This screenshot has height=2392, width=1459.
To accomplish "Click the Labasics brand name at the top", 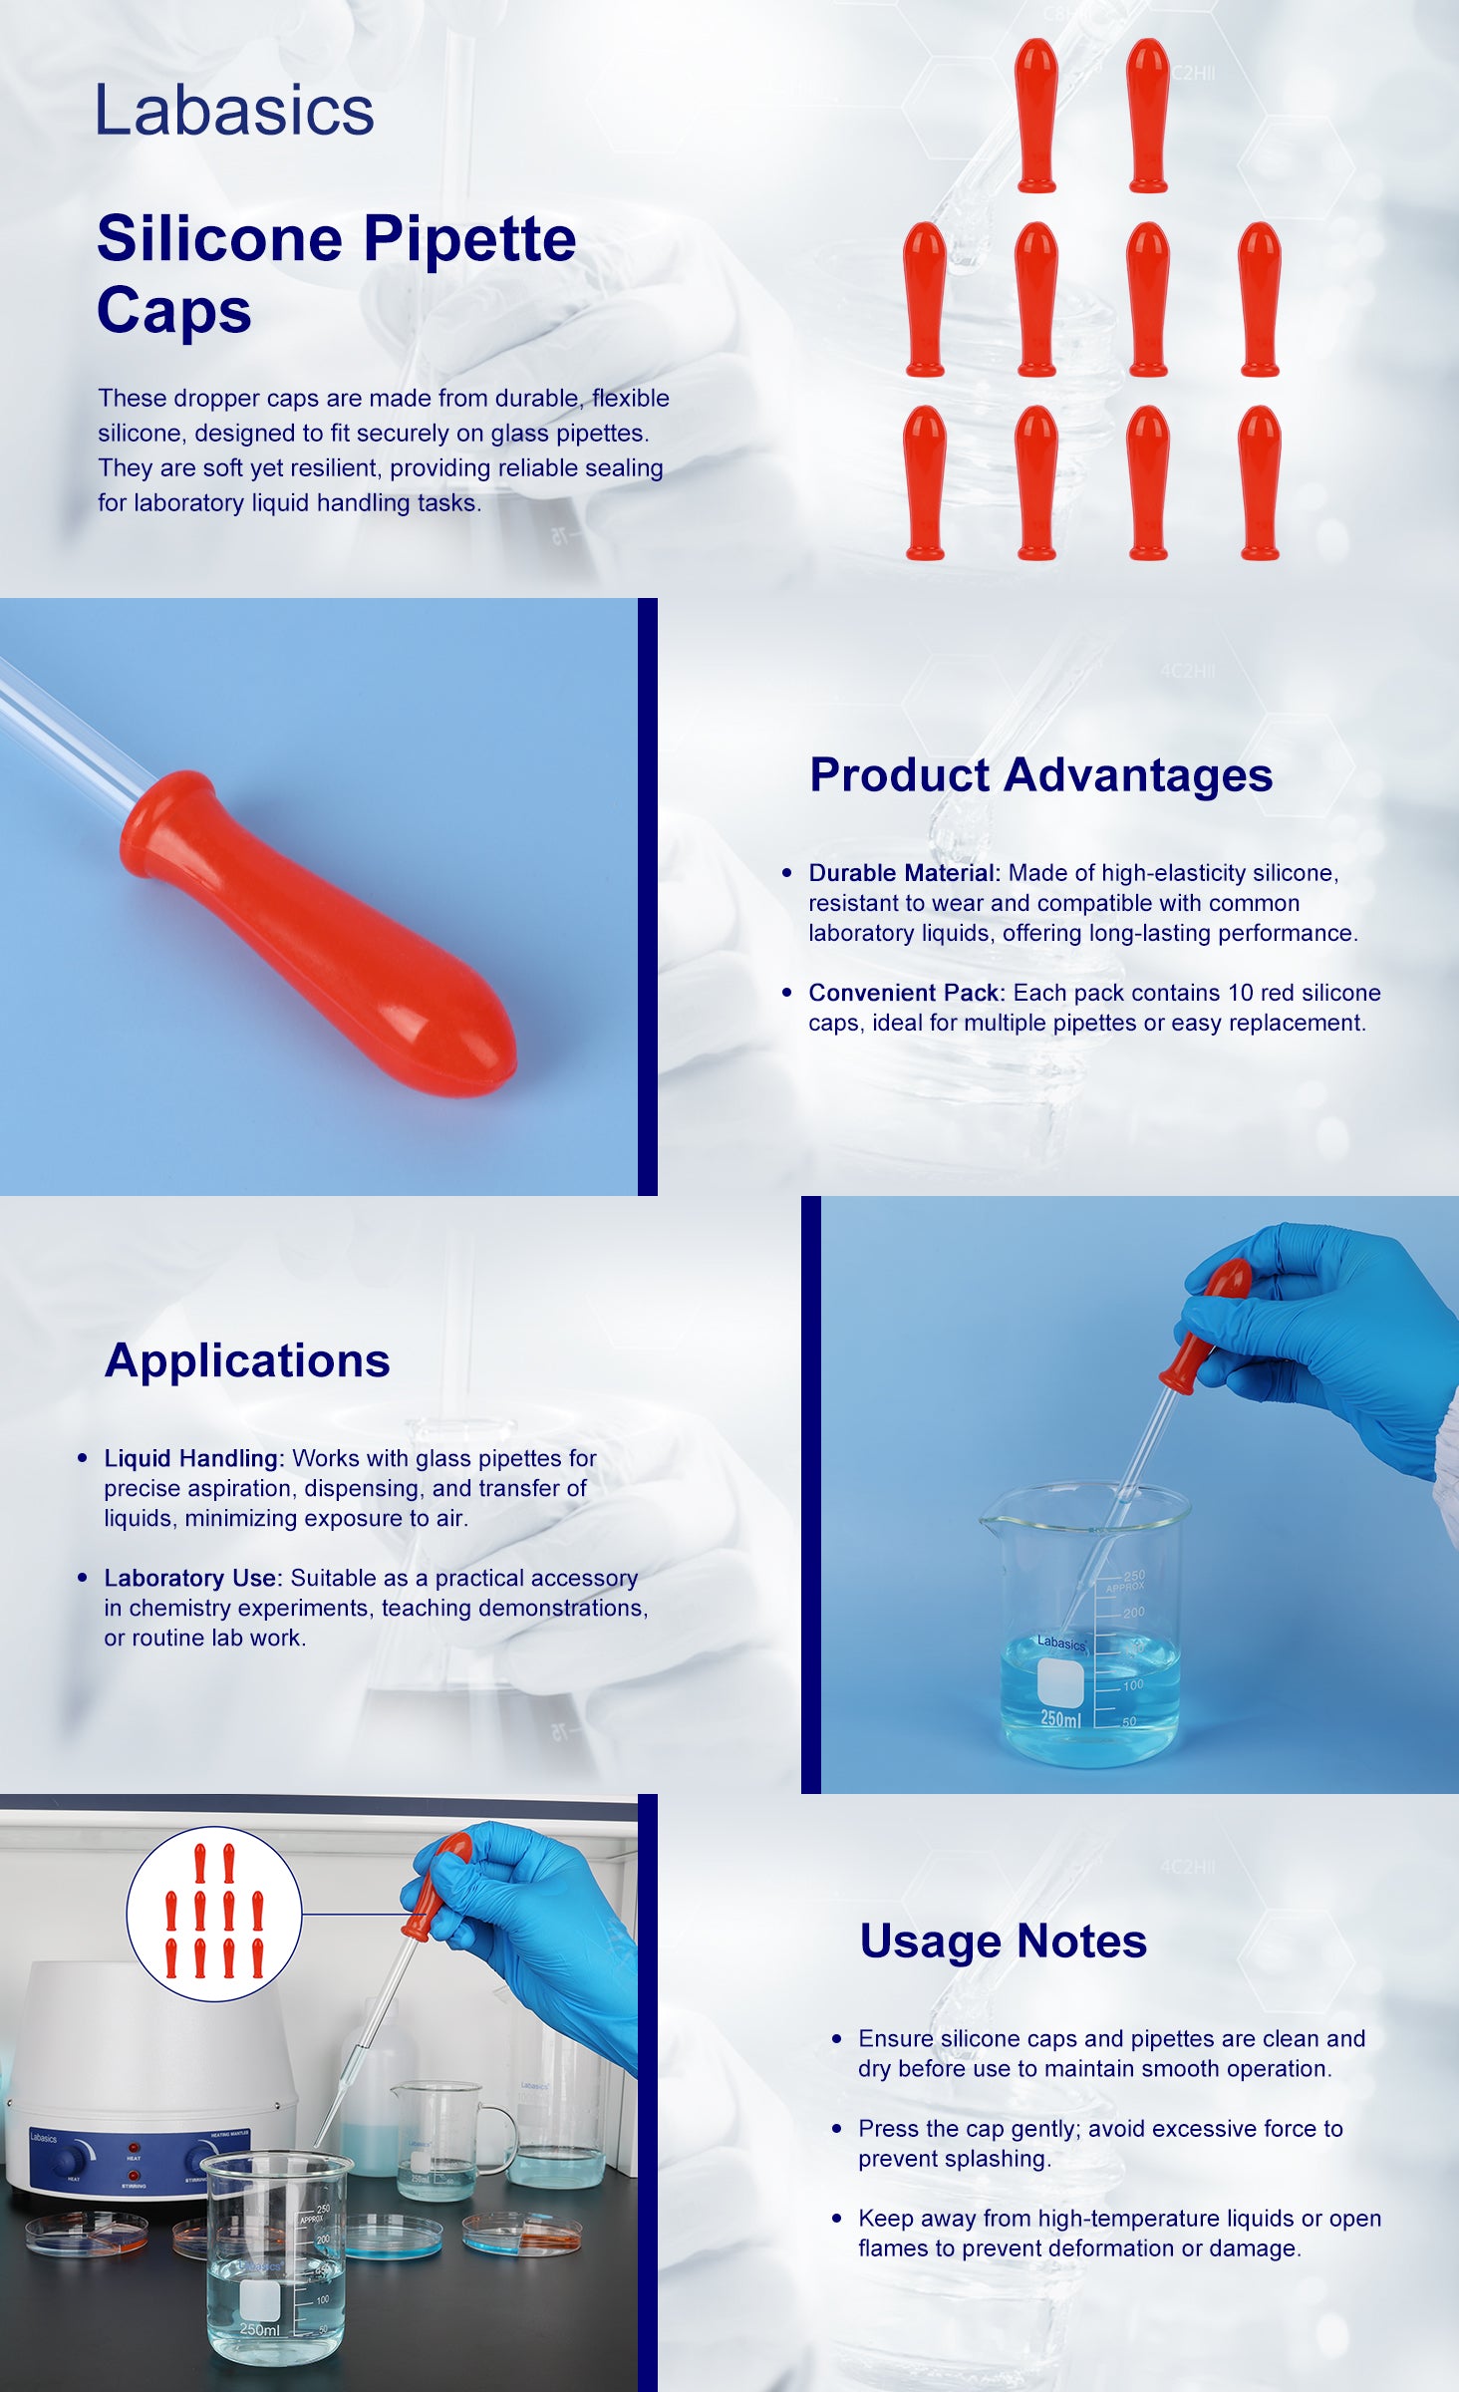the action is [x=234, y=110].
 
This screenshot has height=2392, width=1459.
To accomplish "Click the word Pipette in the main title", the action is [x=469, y=240].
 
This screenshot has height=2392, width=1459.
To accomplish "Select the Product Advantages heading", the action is [x=1040, y=775].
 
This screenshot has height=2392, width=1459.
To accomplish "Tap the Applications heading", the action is [x=247, y=1360].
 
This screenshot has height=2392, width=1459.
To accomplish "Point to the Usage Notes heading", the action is [x=1003, y=1942].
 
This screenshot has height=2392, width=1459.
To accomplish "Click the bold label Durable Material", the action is [x=904, y=873].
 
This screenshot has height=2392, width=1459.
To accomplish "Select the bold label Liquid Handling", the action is [x=194, y=1458].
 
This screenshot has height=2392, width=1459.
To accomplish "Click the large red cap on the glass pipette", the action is [x=318, y=933].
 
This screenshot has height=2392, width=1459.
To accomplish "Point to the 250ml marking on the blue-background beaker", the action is [x=1060, y=1718].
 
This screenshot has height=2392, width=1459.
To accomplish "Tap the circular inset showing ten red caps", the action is [x=213, y=1914].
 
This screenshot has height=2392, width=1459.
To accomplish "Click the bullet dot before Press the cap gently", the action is [x=837, y=2129].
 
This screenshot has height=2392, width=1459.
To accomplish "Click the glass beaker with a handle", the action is [x=449, y=2138].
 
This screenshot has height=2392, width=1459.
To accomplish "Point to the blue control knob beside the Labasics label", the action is [x=71, y=2160].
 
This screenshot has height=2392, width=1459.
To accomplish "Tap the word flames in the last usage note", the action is [x=893, y=2248].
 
